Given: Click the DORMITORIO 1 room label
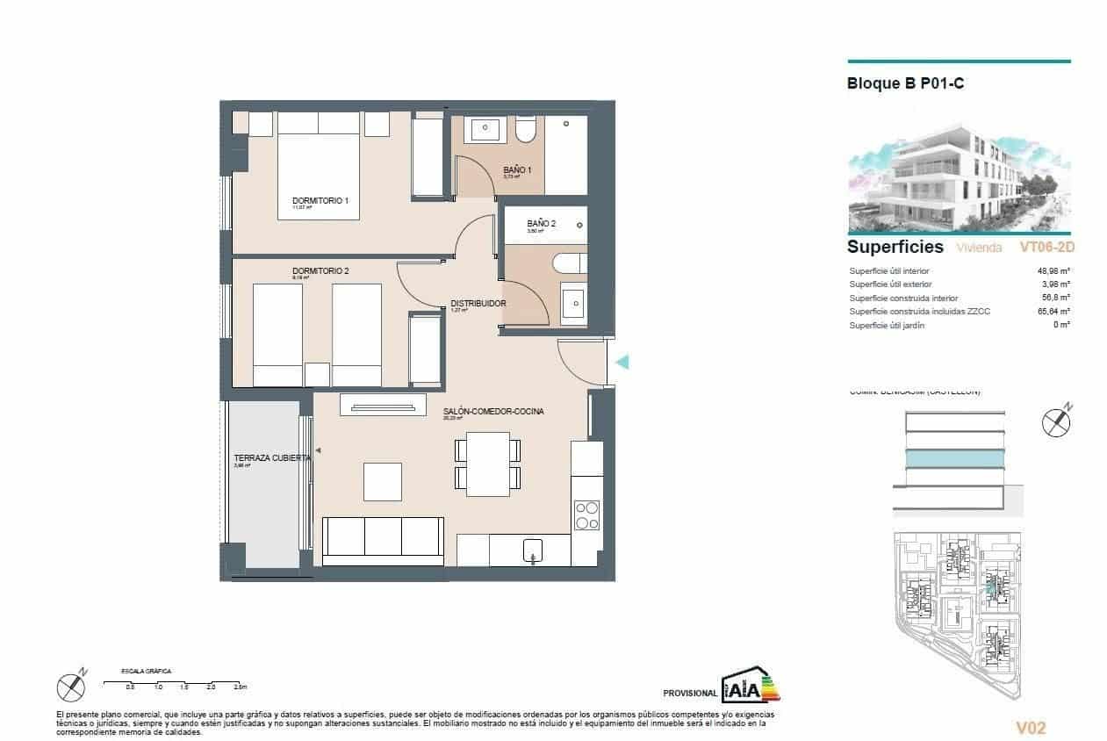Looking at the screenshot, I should (x=320, y=201).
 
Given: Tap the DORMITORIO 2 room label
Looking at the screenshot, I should (x=320, y=271).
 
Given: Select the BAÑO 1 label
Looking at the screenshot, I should (x=517, y=169).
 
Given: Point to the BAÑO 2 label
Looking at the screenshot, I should (x=541, y=224).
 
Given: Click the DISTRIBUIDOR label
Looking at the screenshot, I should (x=478, y=303).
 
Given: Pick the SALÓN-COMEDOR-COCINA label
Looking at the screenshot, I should (x=493, y=412).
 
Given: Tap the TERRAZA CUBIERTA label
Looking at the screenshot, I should (x=271, y=458).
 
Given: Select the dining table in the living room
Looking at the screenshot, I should (x=488, y=464).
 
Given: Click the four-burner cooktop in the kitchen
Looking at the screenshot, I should (x=586, y=514).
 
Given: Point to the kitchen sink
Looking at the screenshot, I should (x=534, y=551).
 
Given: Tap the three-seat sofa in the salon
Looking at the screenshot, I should (x=383, y=539).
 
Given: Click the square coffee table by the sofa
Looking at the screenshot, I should (x=382, y=481).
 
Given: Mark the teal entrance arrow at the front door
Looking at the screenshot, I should (x=622, y=362).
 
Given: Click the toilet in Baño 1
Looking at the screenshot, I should (x=526, y=131).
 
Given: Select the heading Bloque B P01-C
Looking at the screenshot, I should (x=906, y=84).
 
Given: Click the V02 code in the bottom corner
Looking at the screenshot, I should (x=1031, y=728).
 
